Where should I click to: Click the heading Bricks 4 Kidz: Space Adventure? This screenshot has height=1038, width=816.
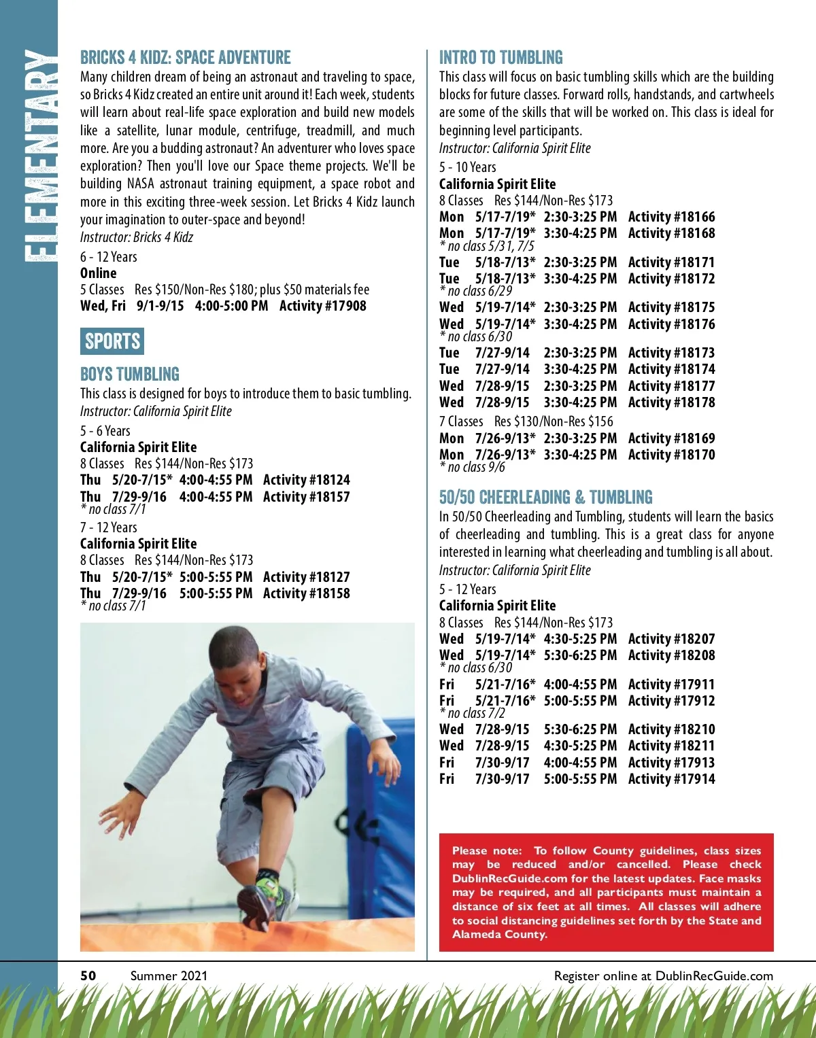click(x=185, y=57)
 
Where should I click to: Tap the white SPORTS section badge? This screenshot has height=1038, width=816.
click(x=112, y=341)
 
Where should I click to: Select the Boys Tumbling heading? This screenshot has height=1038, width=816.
click(x=129, y=374)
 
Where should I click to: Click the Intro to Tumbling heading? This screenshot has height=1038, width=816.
click(x=500, y=57)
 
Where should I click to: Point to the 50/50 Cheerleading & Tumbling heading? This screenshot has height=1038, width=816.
click(x=545, y=497)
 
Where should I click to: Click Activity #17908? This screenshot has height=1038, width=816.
click(x=322, y=306)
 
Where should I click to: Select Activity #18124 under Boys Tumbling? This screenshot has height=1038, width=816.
click(x=306, y=480)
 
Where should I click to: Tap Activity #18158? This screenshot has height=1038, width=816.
click(x=306, y=593)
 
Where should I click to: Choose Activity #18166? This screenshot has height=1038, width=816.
click(x=671, y=217)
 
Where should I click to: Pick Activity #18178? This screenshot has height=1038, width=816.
click(x=671, y=402)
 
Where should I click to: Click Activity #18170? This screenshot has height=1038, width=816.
click(x=671, y=455)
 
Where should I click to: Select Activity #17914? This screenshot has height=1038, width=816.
click(x=671, y=779)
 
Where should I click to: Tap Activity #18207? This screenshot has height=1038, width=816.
click(x=671, y=639)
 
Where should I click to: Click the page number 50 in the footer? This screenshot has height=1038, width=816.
click(x=88, y=975)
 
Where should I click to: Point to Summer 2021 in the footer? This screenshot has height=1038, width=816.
click(x=169, y=975)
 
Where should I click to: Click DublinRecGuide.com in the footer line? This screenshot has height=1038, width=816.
click(x=714, y=976)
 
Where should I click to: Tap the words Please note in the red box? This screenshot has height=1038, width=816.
click(x=486, y=850)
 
